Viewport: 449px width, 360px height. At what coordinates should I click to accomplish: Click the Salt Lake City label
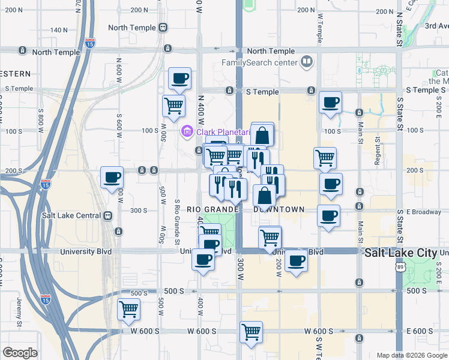(x=401, y=253)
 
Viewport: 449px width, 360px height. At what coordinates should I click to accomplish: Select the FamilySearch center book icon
(x=307, y=62)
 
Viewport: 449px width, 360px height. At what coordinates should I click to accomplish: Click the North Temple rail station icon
(x=162, y=28)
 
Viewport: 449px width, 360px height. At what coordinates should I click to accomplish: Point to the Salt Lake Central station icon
(x=107, y=216)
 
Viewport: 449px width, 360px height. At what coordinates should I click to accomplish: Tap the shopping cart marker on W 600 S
(x=251, y=331)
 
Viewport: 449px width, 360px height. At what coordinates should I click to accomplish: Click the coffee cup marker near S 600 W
(x=112, y=178)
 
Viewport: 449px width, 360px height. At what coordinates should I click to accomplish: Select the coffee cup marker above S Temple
(x=180, y=78)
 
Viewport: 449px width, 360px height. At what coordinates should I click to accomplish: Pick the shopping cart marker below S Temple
(x=173, y=106)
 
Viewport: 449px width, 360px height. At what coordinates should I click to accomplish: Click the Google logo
(x=20, y=353)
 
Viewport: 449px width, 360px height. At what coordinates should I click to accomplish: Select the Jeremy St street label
(x=19, y=313)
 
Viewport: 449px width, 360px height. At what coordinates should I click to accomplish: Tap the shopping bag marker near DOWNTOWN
(x=265, y=196)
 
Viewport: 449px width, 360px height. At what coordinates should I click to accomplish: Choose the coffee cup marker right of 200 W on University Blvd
(x=296, y=261)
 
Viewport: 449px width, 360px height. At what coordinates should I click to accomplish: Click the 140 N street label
(x=59, y=30)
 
